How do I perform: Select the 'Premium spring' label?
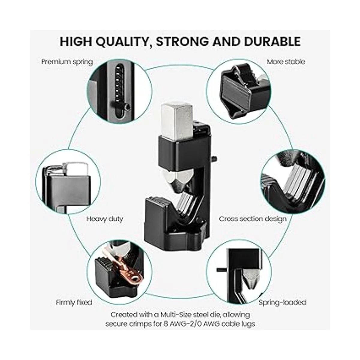(x=67, y=62)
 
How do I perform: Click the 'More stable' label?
(x=286, y=62)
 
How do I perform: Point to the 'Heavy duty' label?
(x=105, y=219)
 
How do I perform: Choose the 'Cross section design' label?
(x=253, y=219)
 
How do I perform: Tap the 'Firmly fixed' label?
(x=74, y=302)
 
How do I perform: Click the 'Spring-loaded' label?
(x=283, y=302)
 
